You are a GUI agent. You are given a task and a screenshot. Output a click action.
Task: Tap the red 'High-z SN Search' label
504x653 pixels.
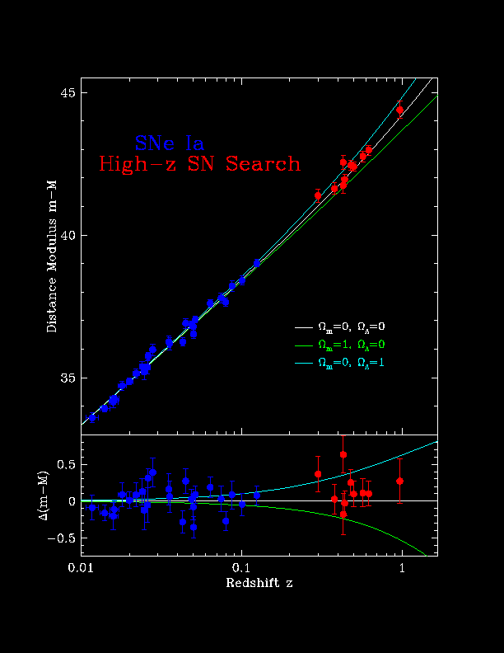pos(200,164)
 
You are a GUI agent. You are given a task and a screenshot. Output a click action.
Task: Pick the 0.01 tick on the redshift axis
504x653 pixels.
pos(81,568)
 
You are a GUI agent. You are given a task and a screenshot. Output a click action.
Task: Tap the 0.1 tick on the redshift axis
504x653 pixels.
pos(241,568)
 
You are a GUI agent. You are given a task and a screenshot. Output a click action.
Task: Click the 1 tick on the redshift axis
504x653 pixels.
pos(402,568)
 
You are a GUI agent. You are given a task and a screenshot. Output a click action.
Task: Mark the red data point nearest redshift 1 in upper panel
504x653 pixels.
pos(400,110)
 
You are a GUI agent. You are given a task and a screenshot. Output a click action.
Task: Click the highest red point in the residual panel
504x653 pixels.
pos(343,454)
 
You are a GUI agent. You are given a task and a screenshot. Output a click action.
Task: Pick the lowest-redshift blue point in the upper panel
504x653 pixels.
pos(92,418)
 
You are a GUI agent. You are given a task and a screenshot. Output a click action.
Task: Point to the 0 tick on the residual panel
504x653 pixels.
pos(71,501)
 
